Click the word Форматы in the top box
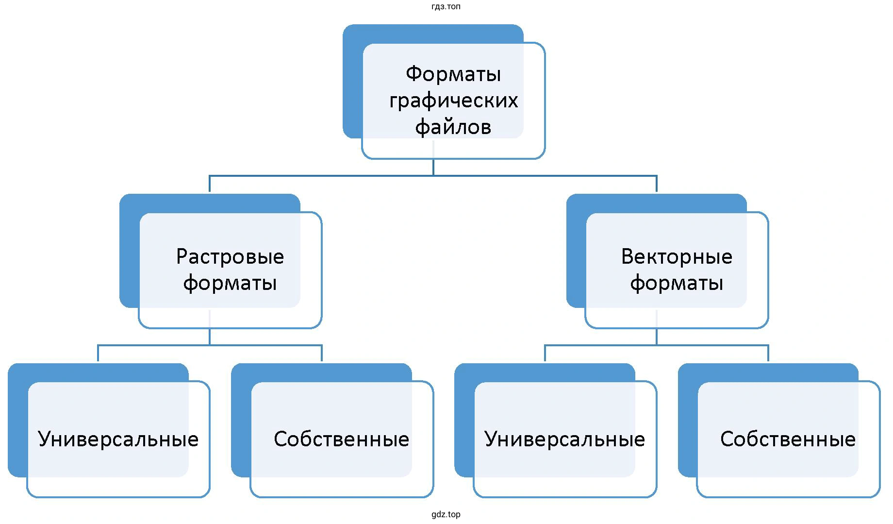pos(453,74)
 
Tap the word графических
pos(453,101)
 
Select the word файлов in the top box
pos(453,127)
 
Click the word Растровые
pos(230,257)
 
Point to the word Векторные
pos(677,257)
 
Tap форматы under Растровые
pos(230,283)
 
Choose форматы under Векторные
pos(677,283)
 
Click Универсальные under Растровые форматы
pos(118,439)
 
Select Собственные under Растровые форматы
pos(342,439)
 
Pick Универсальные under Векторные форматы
pos(565,439)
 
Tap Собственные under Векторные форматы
pos(788,439)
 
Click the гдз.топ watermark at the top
pos(446,7)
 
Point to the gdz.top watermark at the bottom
pos(446,514)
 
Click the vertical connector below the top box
pos(433,167)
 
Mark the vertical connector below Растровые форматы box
pos(210,337)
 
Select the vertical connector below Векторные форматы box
pos(657,337)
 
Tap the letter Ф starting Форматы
pos(413,74)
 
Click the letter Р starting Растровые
pos(181,257)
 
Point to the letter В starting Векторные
pos(627,257)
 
